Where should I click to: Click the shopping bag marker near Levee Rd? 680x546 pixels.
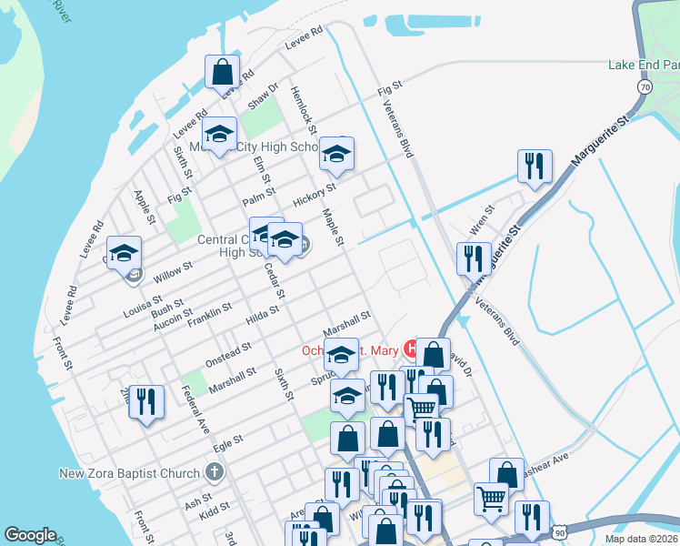tap(223, 71)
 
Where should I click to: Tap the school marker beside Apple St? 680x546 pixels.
tap(125, 253)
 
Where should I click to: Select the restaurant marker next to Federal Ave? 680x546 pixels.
tap(145, 401)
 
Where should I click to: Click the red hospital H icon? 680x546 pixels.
tap(412, 349)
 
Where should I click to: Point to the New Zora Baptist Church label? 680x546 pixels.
tap(129, 473)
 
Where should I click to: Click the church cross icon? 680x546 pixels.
tap(214, 472)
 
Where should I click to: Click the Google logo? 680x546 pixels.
tap(30, 534)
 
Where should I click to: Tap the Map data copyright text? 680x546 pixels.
tap(641, 539)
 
